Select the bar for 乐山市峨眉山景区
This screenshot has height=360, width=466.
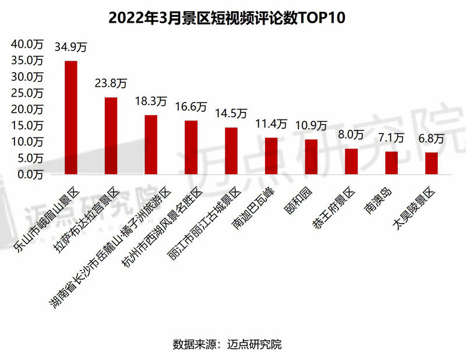(70, 117)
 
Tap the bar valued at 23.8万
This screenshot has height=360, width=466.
(111, 135)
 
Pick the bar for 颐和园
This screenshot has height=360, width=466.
(311, 157)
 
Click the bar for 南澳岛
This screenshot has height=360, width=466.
(391, 163)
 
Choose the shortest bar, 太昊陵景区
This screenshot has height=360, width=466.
(431, 163)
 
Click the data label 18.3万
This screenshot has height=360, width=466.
(150, 101)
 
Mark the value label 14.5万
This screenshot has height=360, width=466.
(231, 113)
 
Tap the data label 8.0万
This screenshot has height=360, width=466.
(351, 135)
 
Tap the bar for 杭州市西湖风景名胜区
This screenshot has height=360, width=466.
(190, 147)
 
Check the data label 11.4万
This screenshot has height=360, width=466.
(271, 123)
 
